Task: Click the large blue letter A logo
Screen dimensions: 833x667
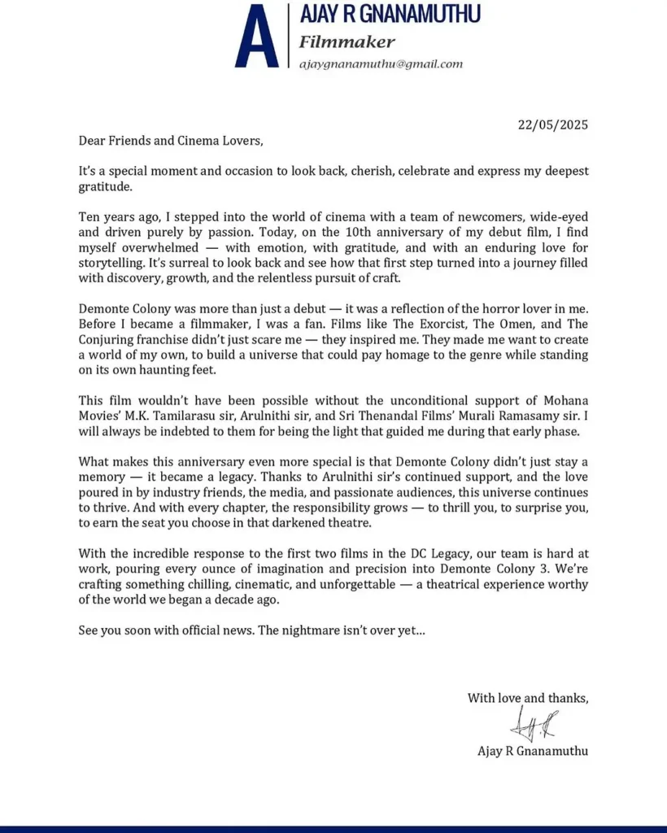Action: (256, 37)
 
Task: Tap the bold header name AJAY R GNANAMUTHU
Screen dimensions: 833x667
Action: (390, 14)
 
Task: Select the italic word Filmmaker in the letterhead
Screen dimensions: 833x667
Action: (347, 41)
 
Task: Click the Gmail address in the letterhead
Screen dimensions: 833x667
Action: (381, 63)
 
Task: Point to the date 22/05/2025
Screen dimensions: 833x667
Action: (553, 125)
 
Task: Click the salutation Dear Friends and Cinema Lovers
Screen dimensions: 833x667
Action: (171, 140)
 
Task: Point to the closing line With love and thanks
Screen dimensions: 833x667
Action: (527, 698)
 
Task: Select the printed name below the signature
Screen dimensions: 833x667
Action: (532, 751)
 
